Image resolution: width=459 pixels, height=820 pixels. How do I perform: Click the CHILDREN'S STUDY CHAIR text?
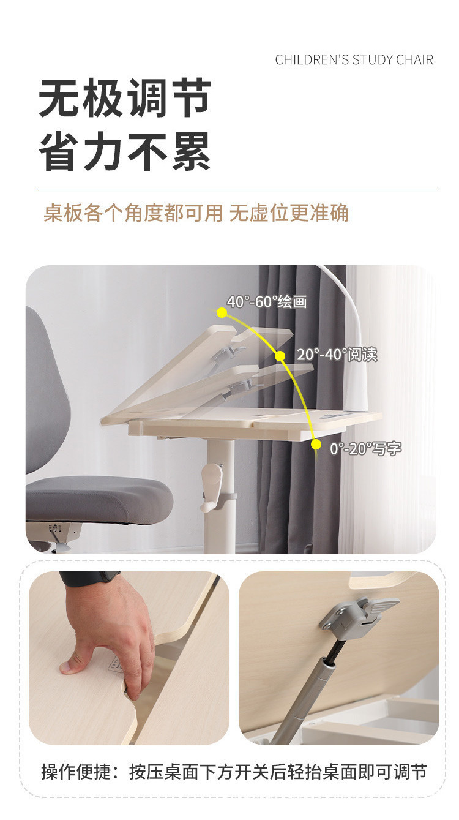(x=354, y=59)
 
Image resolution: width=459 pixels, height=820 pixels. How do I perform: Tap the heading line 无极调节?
(x=125, y=98)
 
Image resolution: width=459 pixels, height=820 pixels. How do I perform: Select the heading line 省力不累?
(x=125, y=151)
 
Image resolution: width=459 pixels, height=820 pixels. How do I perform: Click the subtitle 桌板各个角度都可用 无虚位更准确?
(x=196, y=213)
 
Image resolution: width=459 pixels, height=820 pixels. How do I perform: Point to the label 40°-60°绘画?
(x=267, y=302)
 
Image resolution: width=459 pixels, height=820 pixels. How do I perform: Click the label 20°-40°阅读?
(x=337, y=355)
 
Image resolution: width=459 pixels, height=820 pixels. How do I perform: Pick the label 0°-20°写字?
(x=366, y=448)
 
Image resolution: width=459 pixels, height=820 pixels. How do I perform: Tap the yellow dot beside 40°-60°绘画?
(x=222, y=312)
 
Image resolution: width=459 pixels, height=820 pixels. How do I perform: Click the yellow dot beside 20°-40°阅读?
(x=280, y=356)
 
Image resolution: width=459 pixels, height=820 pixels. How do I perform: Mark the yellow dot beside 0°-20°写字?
(x=316, y=445)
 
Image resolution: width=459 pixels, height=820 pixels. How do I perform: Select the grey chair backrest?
(x=46, y=392)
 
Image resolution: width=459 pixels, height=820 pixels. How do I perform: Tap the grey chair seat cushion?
(x=98, y=498)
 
